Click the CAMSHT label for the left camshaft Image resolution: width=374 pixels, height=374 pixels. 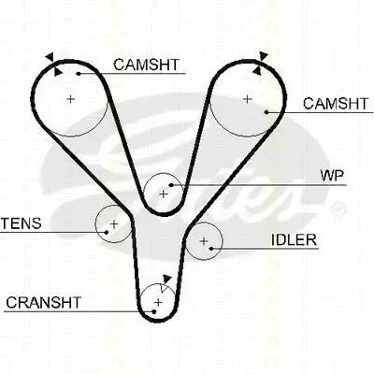(146, 65)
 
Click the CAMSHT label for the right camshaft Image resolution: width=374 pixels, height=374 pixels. (336, 104)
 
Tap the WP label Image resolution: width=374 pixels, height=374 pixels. (332, 176)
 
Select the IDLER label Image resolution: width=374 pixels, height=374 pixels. (294, 239)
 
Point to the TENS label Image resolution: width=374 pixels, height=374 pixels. (22, 223)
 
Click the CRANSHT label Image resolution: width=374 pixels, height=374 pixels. (43, 302)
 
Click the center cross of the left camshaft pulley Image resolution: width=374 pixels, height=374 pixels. (71, 99)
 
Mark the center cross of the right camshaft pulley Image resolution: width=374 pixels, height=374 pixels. (247, 99)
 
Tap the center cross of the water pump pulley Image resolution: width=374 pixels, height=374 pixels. (164, 194)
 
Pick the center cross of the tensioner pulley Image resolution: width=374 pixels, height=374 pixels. (114, 223)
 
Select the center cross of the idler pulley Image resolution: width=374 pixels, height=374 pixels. (204, 240)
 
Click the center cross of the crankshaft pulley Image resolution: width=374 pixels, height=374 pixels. (159, 302)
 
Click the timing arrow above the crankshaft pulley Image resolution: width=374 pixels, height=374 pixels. (167, 279)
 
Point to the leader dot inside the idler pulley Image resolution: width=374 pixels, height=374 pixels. (211, 249)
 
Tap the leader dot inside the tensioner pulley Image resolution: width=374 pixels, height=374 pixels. (107, 232)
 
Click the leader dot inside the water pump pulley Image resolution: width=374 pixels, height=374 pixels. (171, 185)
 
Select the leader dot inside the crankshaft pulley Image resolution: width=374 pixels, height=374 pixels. (153, 311)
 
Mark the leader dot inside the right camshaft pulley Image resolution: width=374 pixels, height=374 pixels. (266, 112)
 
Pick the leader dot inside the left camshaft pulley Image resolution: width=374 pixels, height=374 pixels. (79, 74)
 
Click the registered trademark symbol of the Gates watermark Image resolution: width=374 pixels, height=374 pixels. (338, 209)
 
